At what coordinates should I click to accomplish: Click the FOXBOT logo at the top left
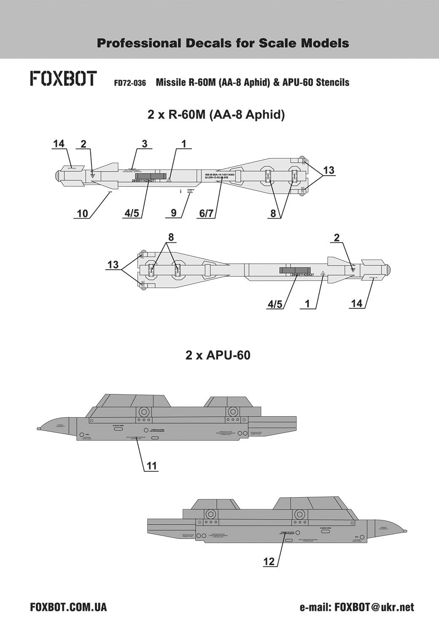click(x=64, y=79)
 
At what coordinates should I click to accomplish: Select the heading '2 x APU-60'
click(x=218, y=355)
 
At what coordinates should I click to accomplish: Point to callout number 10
click(x=83, y=214)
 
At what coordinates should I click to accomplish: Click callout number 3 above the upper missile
click(x=144, y=144)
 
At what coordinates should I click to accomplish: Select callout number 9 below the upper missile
click(x=173, y=214)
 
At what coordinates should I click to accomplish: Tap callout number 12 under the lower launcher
click(x=269, y=562)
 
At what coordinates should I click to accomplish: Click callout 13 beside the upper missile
click(x=329, y=170)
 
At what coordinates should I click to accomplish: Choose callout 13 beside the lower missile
click(x=113, y=265)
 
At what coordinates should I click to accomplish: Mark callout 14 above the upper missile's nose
click(x=59, y=144)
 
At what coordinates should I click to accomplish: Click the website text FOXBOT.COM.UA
click(x=69, y=607)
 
